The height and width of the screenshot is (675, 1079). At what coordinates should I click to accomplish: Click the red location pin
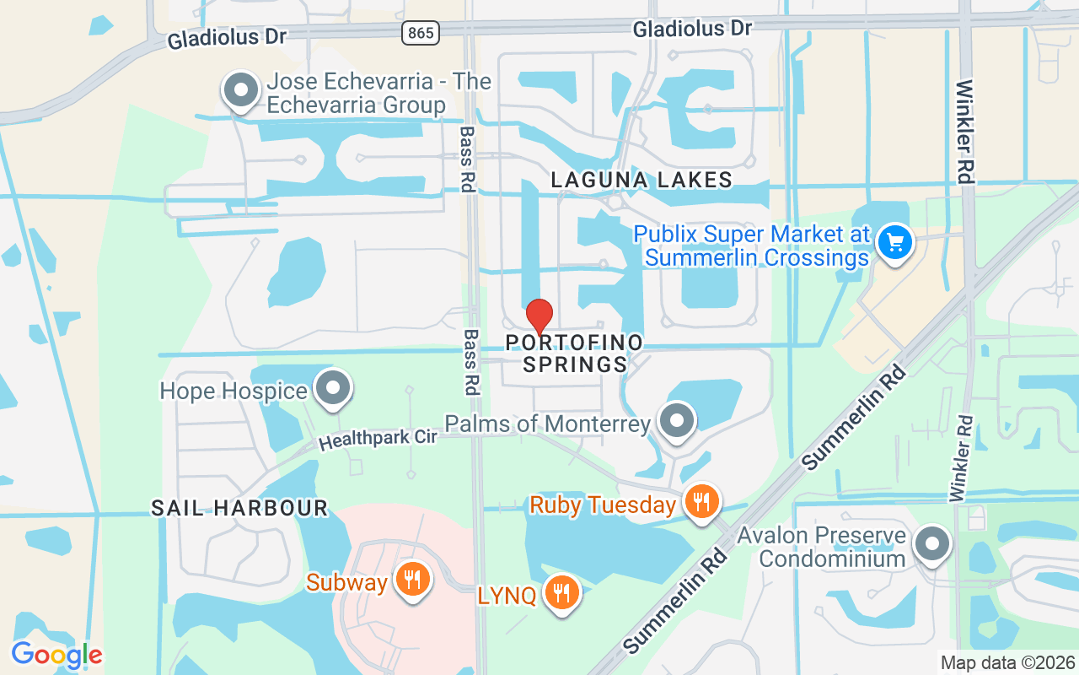tap(539, 316)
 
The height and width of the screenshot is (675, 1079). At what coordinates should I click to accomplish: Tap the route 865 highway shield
tap(419, 33)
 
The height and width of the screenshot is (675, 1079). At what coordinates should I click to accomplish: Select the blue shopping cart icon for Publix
tap(894, 244)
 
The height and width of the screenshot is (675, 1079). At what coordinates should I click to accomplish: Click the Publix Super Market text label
tap(751, 246)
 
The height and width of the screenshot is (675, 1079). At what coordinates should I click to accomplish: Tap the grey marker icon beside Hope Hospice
tap(332, 389)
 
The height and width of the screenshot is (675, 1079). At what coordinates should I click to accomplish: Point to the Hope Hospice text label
tap(234, 391)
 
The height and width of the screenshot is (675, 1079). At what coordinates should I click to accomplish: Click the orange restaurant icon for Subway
tap(412, 580)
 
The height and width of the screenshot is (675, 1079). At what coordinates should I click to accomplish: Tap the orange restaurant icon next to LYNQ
tap(561, 593)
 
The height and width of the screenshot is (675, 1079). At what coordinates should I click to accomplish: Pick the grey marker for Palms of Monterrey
tap(675, 421)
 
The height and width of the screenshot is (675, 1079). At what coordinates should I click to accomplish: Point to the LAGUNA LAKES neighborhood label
tap(641, 180)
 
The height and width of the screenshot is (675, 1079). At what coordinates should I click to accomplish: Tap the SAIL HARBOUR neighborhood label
tap(239, 508)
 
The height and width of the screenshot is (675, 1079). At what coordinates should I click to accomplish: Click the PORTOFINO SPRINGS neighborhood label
tap(574, 354)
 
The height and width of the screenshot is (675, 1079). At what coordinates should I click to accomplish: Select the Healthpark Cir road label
tap(378, 439)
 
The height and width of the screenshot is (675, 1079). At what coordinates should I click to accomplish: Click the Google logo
tap(56, 655)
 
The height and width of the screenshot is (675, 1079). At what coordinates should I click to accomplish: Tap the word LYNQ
tap(507, 596)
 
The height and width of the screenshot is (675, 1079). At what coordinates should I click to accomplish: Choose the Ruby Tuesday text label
tap(603, 505)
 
